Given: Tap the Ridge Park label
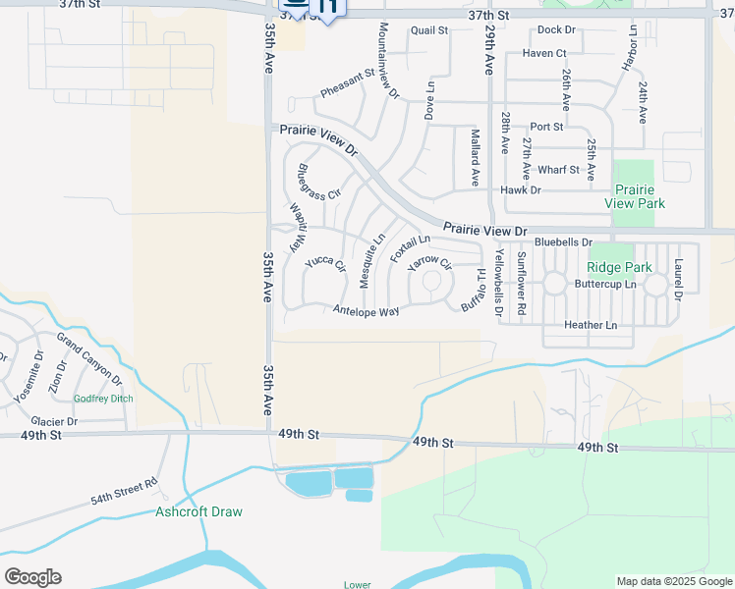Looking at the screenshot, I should [x=619, y=267].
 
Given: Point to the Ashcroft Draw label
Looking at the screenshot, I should [x=198, y=511].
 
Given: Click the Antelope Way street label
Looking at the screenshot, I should [x=366, y=311].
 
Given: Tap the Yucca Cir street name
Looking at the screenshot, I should [x=325, y=263].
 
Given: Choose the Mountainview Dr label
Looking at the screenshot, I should [x=388, y=61].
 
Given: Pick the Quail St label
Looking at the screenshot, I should [x=429, y=30].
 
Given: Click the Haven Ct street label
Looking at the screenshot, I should [x=544, y=53].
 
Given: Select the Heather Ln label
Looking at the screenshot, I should [x=591, y=325].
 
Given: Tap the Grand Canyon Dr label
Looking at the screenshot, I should [x=88, y=359].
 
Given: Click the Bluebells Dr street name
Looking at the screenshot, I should [x=563, y=241].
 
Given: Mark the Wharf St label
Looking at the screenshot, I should [x=558, y=170].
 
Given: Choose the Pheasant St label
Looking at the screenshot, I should [x=347, y=83].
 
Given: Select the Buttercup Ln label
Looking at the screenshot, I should [x=605, y=284].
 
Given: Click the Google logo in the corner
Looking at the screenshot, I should [x=32, y=577].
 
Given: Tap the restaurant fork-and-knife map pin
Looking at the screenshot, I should [x=330, y=8].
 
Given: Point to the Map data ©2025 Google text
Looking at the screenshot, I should [x=674, y=581].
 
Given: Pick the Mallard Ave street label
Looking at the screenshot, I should [x=475, y=158].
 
